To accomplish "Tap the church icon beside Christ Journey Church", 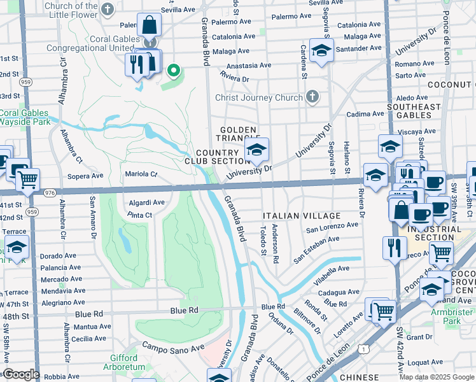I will [x=311, y=97].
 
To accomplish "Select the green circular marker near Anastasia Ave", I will [x=172, y=71].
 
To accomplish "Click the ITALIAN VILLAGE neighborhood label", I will [x=292, y=216].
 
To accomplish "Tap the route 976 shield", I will [x=50, y=192].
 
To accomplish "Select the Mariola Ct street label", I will [x=141, y=173].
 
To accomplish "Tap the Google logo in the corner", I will [x=20, y=374].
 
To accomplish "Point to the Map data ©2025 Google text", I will [x=437, y=377].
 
